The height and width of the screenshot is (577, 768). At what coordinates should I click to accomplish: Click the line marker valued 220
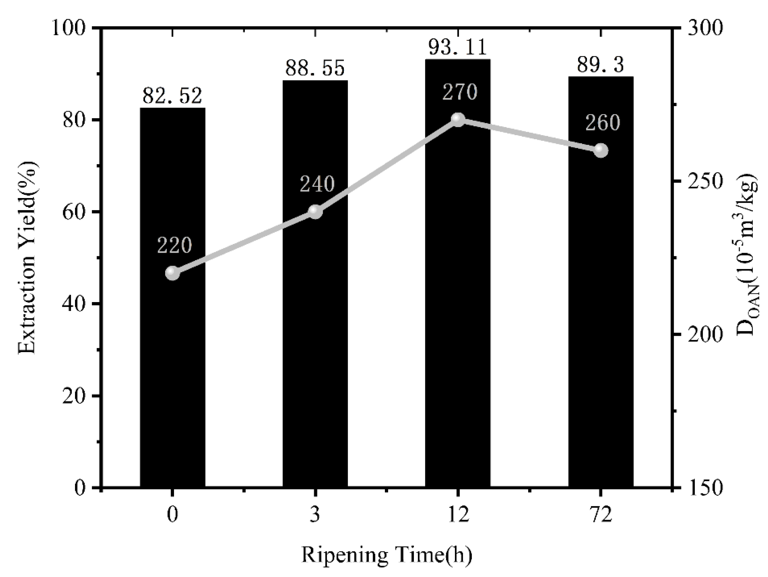coord(173,273)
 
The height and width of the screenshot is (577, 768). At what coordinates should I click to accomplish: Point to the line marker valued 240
coord(315,212)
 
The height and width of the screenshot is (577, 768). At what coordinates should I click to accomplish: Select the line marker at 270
coord(458,120)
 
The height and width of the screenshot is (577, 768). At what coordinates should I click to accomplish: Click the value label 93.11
coord(458,48)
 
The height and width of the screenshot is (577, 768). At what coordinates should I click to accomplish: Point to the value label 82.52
coord(173,96)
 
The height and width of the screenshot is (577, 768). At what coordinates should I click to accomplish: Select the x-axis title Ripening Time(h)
coord(386,555)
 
